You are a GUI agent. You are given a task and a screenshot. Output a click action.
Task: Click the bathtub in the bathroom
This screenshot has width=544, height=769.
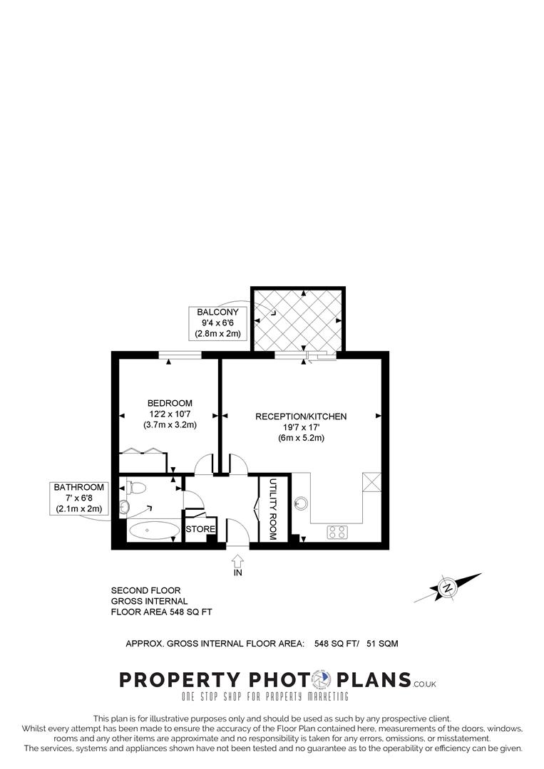point(154,530)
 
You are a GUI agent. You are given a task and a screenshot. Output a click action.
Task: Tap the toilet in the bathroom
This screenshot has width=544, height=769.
point(136,488)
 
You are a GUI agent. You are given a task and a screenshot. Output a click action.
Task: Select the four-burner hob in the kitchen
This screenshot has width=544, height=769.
point(337,531)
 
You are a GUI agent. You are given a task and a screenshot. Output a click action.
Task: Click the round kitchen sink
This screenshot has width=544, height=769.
point(302,503)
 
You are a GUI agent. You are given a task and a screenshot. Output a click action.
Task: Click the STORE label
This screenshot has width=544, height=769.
point(200,530)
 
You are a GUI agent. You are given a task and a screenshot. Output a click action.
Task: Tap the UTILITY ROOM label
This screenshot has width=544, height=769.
point(272,508)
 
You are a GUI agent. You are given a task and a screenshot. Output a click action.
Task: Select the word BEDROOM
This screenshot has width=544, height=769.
point(170,403)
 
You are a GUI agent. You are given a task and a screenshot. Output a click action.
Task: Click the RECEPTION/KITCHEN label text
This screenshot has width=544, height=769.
point(302,417)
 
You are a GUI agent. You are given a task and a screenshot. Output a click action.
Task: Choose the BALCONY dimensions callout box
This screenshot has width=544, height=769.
point(218,323)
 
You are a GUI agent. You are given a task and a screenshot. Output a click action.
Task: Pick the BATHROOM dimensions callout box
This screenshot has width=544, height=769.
point(79,498)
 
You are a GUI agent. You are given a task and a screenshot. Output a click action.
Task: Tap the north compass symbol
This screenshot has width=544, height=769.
point(447,588)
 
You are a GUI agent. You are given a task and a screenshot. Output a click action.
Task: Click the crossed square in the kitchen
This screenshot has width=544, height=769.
point(372,481)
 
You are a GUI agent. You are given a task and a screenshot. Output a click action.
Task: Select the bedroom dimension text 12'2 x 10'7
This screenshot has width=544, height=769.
point(170,414)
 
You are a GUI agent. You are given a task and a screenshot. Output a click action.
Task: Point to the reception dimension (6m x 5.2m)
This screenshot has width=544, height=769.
point(302,438)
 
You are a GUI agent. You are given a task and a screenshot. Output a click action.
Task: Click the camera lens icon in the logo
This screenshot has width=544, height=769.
point(324,679)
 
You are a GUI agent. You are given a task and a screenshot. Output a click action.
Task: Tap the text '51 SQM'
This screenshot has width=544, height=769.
point(382,644)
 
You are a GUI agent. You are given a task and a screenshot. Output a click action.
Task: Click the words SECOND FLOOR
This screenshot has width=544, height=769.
point(146,590)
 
